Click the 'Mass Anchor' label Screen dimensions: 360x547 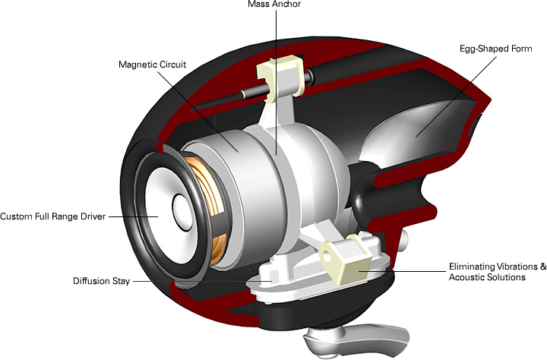click(x=275, y=5)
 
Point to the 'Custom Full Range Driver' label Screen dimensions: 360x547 click(x=53, y=216)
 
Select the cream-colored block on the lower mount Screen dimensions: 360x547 click(x=345, y=259)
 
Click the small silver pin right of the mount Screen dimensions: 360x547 click(x=406, y=242)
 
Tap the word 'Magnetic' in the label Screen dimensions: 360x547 click(x=138, y=65)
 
